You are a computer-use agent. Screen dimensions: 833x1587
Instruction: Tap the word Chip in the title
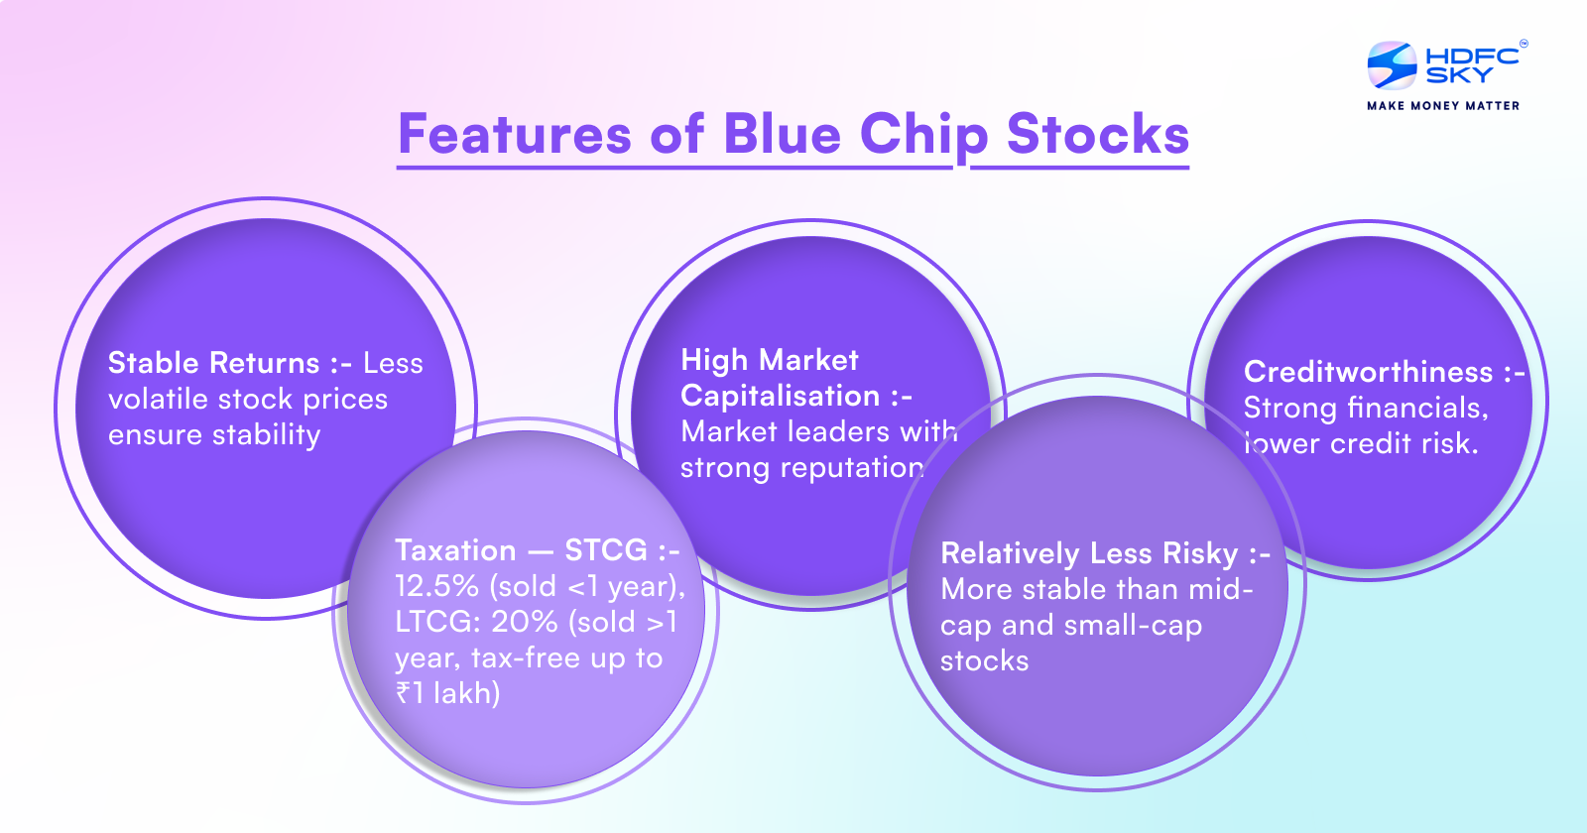(923, 136)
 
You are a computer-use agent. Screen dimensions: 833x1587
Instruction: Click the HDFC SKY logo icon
(1392, 65)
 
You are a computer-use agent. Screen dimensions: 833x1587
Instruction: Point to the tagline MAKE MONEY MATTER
(1442, 105)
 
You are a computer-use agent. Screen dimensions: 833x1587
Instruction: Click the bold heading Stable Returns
(213, 363)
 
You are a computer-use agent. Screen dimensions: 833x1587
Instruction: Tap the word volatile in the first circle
(159, 399)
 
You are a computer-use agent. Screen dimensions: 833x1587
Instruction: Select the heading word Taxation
(455, 550)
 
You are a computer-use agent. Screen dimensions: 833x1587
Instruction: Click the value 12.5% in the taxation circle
(436, 586)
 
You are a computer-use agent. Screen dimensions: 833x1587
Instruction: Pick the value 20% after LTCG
(525, 622)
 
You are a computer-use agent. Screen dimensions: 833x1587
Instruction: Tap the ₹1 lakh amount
(447, 693)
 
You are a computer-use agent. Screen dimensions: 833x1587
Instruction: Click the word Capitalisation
(780, 396)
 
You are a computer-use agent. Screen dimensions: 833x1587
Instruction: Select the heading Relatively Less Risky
(1089, 553)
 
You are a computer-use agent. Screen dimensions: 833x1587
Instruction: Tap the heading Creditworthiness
(1368, 372)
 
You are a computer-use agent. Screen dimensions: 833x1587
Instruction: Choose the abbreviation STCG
(605, 550)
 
